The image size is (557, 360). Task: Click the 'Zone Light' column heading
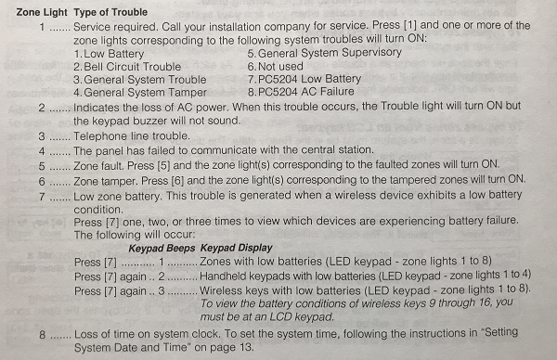coord(42,12)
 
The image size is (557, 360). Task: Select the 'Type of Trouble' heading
coord(110,12)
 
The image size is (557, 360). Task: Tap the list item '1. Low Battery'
coord(109,54)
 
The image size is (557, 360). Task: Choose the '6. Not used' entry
coord(276,67)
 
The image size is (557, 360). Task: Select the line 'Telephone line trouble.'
coord(132,136)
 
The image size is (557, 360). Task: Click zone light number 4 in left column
coord(42,151)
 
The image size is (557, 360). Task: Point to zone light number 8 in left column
coord(43,335)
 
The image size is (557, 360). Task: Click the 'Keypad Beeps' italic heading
coord(162,249)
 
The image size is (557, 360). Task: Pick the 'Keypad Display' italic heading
coord(236,248)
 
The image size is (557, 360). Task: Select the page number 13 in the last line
coord(245,347)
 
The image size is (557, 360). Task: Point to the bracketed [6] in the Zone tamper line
coord(177,181)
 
